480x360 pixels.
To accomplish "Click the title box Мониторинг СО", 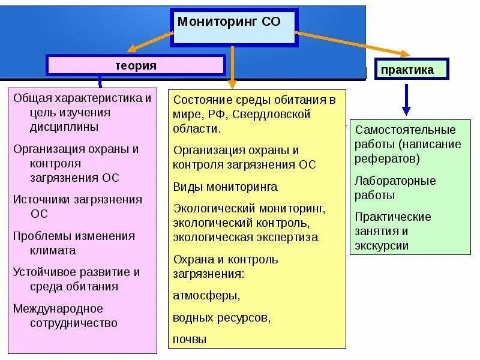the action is (234, 28).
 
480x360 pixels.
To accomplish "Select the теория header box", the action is (136, 65).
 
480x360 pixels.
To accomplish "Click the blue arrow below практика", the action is (406, 99).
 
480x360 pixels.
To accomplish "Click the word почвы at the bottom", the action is (190, 339).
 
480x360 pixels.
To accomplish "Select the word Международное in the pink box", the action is (58, 308).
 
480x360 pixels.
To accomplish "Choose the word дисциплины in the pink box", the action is (64, 127).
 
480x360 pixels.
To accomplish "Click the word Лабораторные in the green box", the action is (395, 181).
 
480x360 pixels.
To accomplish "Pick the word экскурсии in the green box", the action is (382, 245).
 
